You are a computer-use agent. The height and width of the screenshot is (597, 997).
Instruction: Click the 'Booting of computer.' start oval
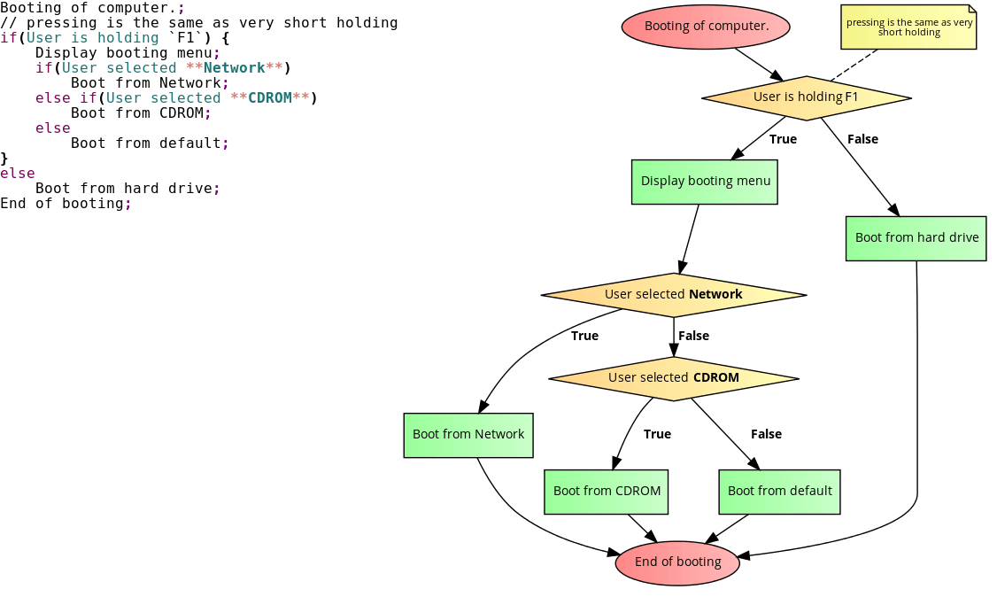pos(706,27)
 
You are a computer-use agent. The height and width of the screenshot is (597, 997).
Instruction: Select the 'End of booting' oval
pos(677,562)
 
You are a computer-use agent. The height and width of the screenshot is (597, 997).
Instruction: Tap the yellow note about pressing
pos(908,27)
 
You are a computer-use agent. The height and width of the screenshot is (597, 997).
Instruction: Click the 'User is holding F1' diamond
pos(806,97)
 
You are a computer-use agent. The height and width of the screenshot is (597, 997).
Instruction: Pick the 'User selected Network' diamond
pos(673,294)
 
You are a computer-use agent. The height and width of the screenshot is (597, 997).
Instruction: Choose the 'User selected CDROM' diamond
pos(673,378)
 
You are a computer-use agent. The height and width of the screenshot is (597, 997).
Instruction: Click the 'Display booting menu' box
pos(705,182)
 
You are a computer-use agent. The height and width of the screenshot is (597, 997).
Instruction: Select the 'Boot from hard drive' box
pos(916,238)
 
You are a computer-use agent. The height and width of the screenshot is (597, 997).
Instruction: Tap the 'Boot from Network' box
pos(468,435)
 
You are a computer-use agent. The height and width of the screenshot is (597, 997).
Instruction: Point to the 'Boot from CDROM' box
pos(607,492)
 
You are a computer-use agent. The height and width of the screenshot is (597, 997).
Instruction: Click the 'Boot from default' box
pos(779,492)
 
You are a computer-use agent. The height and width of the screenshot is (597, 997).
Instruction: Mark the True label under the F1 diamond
pos(783,139)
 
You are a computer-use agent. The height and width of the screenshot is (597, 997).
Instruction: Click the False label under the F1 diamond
pos(862,139)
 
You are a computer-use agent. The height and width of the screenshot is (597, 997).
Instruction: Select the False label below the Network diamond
pos(693,336)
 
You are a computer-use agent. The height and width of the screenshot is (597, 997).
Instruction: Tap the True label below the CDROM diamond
pos(657,434)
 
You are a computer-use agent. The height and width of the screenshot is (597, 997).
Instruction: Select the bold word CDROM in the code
pos(270,98)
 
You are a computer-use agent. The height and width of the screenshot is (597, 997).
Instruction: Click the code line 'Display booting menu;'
pos(128,53)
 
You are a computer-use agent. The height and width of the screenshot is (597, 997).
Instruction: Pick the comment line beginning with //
pos(198,23)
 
